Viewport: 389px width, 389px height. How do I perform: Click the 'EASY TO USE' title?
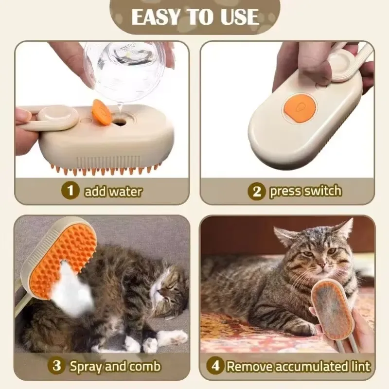pos(194,18)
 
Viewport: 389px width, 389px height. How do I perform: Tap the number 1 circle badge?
pos(71,190)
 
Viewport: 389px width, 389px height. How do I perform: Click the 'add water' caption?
pos(113,191)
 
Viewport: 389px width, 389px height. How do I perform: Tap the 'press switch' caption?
pos(305,191)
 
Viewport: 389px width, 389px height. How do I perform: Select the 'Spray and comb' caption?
pos(115,366)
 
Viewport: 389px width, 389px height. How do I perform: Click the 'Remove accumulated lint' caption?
pos(299,366)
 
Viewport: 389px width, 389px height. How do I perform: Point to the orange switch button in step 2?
pos(294,105)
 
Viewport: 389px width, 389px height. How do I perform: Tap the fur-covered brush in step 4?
pos(335,310)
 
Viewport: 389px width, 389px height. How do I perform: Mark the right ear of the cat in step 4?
pos(344,229)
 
